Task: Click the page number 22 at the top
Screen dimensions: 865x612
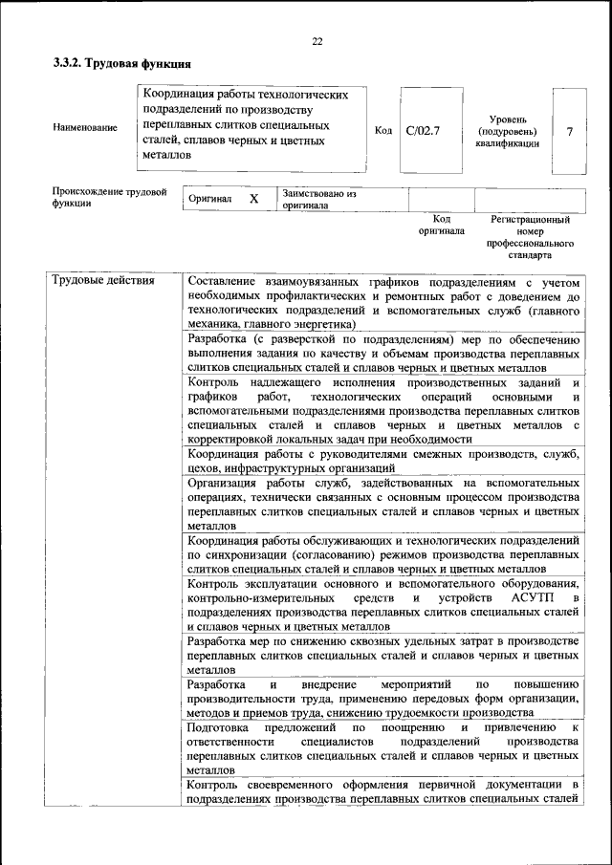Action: [317, 41]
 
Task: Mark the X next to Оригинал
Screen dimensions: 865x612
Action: [253, 199]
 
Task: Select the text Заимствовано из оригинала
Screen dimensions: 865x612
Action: [318, 199]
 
